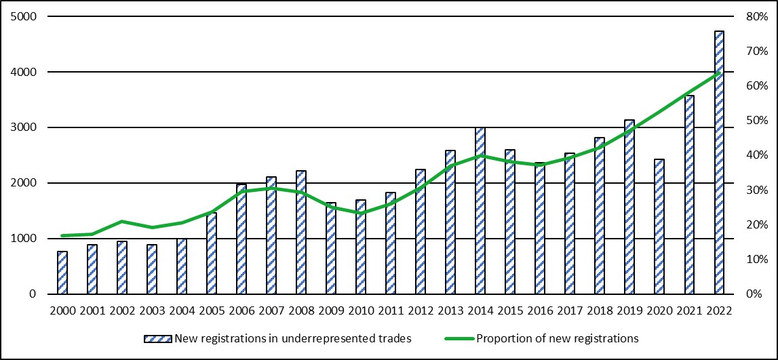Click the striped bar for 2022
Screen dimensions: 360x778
pos(719,163)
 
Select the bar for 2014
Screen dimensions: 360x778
pos(480,211)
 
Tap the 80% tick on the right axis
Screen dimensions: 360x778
pos(752,16)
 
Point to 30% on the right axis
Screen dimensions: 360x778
pos(752,190)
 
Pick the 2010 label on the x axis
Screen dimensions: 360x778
pos(360,311)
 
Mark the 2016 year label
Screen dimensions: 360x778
pos(539,311)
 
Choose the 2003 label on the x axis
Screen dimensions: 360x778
pos(151,311)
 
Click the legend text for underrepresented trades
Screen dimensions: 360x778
pos(292,338)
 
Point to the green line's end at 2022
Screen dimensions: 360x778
pos(719,73)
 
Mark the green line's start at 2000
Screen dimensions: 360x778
pos(62,235)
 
